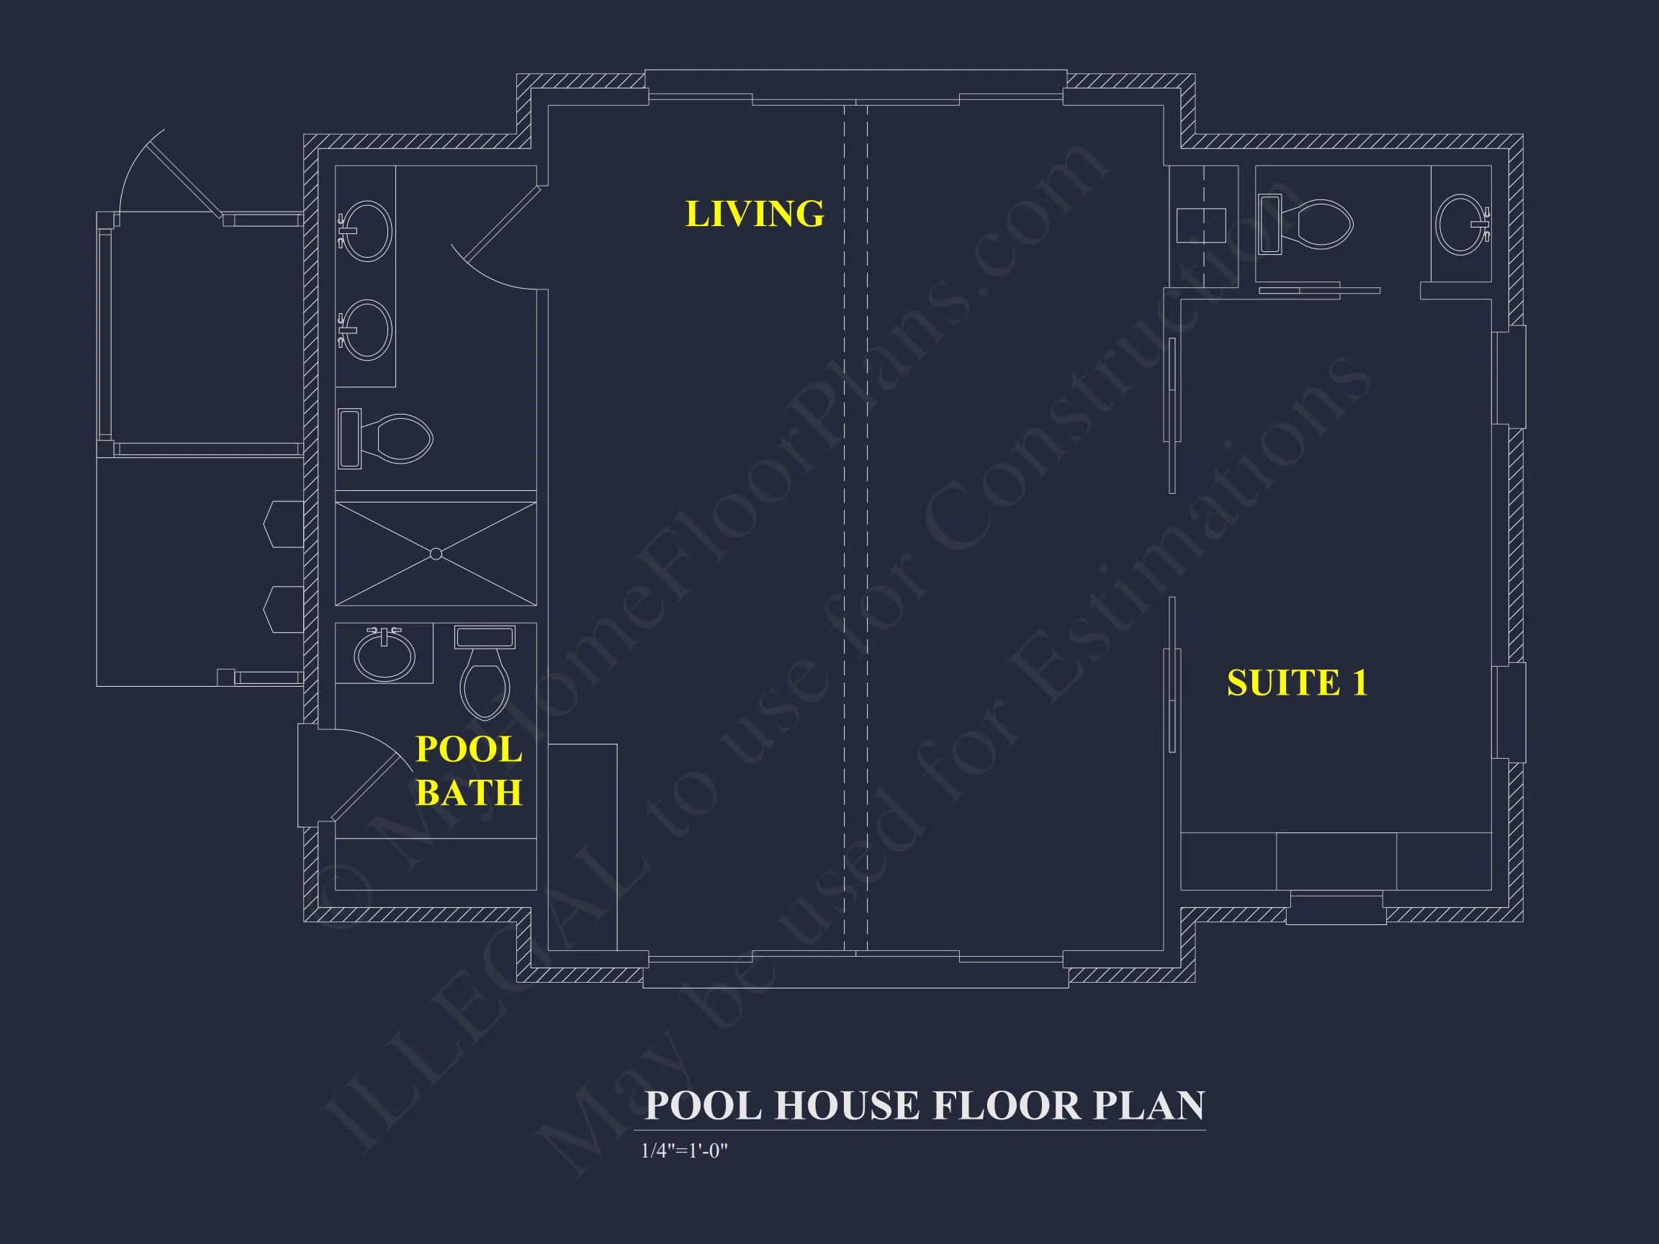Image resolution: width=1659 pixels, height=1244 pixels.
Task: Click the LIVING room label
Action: [x=755, y=215]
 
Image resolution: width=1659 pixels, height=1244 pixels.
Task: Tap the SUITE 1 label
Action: [x=1297, y=683]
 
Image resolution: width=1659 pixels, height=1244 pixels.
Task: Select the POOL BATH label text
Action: [x=469, y=771]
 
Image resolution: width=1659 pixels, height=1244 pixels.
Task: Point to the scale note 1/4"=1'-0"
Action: [x=684, y=1151]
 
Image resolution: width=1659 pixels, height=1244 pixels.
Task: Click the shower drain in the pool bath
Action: [x=436, y=554]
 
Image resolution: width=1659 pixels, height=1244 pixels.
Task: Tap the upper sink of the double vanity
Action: [x=367, y=230]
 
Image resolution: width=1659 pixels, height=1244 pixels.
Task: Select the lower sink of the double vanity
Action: [x=367, y=330]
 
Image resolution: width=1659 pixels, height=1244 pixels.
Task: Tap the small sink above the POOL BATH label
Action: [x=384, y=654]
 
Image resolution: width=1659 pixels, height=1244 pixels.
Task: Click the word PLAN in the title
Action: [x=1148, y=1105]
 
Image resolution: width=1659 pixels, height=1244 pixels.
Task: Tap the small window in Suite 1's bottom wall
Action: [x=1336, y=909]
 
